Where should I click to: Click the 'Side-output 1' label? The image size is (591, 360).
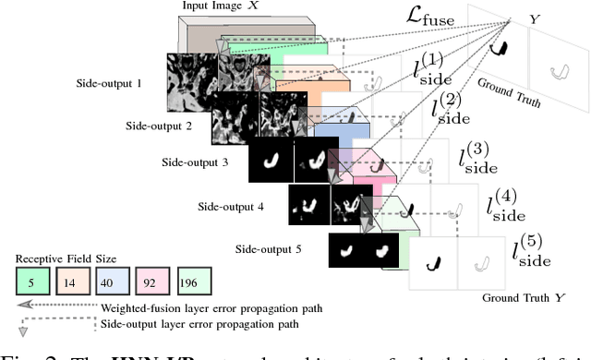[110, 83]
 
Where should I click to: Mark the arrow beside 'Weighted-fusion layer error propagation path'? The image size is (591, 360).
[36, 308]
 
